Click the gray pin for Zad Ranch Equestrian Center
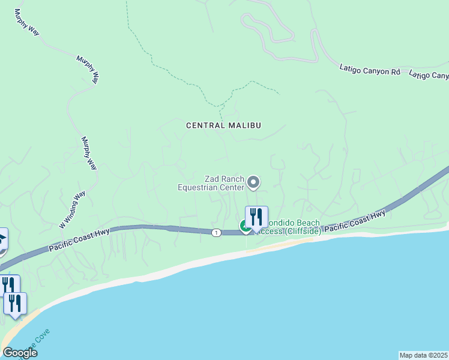coord(253,181)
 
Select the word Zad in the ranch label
coord(211,179)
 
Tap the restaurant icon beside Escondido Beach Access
coord(256,217)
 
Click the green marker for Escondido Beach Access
coord(246,226)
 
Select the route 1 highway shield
coord(215,232)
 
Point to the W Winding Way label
coord(72,209)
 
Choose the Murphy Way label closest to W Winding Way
coord(89,153)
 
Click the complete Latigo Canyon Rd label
coord(369,71)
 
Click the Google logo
coord(19,353)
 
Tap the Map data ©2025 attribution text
coord(424,355)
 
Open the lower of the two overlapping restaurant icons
coord(15,304)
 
